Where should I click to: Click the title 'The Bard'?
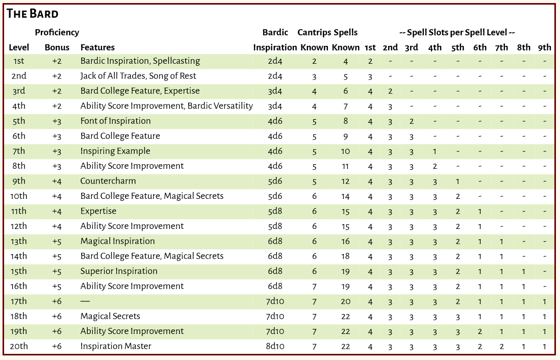click(x=33, y=14)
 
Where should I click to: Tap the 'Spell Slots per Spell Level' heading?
click(x=457, y=33)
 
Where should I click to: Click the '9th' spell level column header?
click(x=544, y=47)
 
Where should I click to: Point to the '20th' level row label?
click(x=19, y=346)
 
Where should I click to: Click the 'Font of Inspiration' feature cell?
click(x=115, y=121)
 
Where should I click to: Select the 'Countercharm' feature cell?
click(x=108, y=181)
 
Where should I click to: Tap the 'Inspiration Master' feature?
click(x=116, y=346)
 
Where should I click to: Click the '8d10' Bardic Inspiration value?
click(x=275, y=346)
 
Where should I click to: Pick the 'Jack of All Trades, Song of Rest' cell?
click(x=138, y=75)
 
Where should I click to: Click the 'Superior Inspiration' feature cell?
click(x=118, y=271)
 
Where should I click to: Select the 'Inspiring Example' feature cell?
click(x=115, y=151)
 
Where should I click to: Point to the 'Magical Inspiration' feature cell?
click(x=117, y=241)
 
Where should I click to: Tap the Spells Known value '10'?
click(x=345, y=151)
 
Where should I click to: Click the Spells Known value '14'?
click(x=345, y=196)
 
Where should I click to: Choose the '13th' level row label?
click(x=19, y=241)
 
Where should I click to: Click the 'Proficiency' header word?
click(x=57, y=33)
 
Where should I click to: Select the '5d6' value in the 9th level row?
click(x=275, y=181)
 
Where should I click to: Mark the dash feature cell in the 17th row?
click(x=85, y=301)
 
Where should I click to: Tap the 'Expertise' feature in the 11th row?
click(x=98, y=211)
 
